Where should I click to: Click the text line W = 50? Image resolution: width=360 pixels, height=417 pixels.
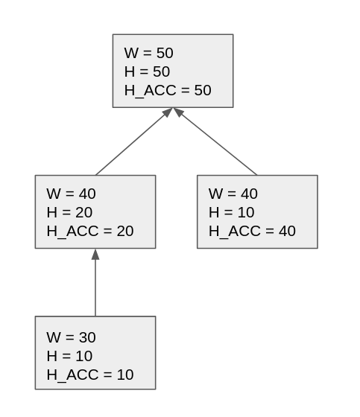click(x=148, y=53)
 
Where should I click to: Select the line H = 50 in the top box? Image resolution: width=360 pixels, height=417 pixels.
click(x=147, y=71)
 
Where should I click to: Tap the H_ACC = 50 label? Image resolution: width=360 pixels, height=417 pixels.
click(x=168, y=90)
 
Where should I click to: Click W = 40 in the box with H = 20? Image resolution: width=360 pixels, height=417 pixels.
click(x=71, y=194)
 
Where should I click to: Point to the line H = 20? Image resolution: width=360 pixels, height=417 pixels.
click(x=69, y=212)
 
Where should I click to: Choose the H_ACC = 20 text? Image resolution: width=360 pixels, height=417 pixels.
click(x=90, y=231)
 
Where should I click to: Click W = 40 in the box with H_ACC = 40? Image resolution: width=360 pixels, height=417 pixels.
click(x=233, y=194)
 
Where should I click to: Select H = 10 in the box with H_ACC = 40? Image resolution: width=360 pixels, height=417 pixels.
click(x=231, y=212)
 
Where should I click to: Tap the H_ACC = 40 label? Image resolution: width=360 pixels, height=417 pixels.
click(x=252, y=231)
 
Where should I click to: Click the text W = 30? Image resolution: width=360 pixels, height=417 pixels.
click(x=71, y=337)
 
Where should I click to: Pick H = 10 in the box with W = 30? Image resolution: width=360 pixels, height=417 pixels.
click(x=69, y=356)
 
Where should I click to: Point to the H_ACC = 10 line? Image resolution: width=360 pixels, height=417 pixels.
click(x=90, y=375)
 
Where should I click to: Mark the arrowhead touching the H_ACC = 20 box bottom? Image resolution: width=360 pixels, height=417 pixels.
click(x=95, y=254)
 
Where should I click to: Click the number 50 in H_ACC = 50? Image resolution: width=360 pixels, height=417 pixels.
click(x=202, y=90)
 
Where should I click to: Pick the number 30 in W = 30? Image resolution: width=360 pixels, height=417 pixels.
click(x=86, y=337)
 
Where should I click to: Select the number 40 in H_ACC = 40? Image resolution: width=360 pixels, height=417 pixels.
click(x=286, y=231)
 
